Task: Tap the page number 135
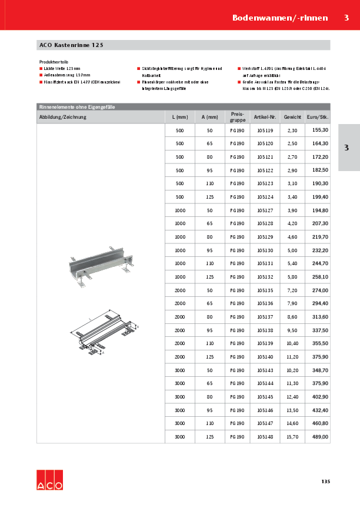click(325, 482)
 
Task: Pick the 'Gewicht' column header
click(292, 117)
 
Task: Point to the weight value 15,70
click(292, 437)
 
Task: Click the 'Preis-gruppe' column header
click(236, 116)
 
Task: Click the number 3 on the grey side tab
click(346, 148)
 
